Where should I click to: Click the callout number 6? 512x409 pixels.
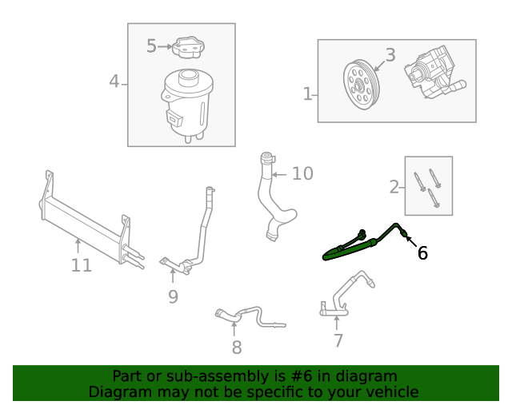click(x=422, y=253)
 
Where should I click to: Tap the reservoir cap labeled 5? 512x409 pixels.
click(x=189, y=49)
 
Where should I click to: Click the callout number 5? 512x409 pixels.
click(x=152, y=46)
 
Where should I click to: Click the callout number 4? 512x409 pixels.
click(x=114, y=81)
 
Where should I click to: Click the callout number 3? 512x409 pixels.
click(x=390, y=55)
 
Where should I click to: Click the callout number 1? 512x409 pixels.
click(x=308, y=94)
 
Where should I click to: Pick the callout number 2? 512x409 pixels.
click(x=394, y=187)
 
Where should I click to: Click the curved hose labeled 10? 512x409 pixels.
click(x=271, y=200)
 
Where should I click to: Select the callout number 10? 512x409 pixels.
click(x=302, y=173)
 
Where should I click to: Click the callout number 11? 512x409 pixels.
click(x=82, y=265)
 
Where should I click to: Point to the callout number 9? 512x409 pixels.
click(x=173, y=296)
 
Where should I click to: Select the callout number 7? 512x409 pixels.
click(x=338, y=340)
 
